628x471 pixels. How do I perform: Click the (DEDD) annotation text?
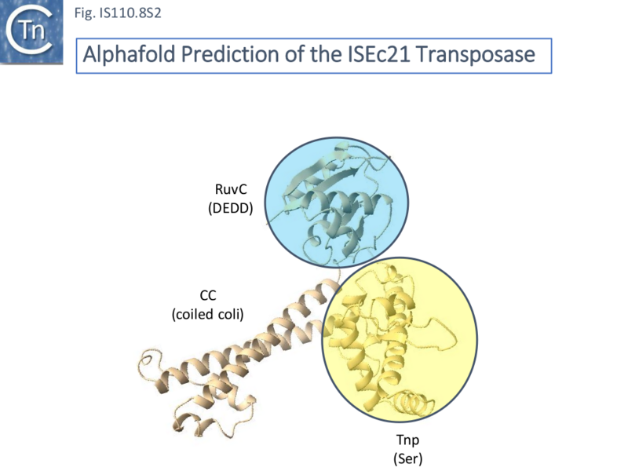(231, 208)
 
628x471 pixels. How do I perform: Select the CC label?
(207, 295)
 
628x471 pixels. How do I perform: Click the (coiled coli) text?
(207, 314)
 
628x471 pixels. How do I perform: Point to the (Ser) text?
(407, 458)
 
